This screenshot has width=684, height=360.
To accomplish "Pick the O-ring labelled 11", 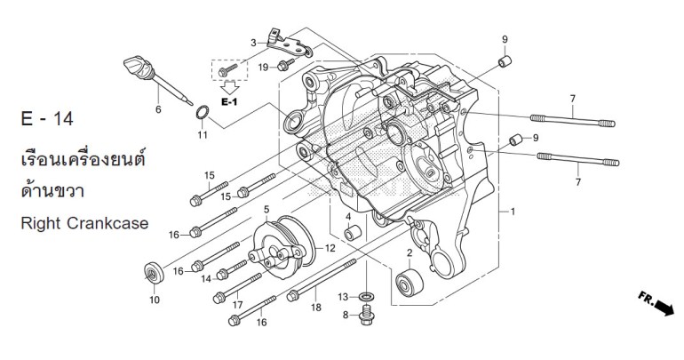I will [203, 114].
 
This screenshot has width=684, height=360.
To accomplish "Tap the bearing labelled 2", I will [411, 287].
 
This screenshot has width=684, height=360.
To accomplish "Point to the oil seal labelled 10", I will [154, 271].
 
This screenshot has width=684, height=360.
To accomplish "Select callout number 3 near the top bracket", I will [253, 42].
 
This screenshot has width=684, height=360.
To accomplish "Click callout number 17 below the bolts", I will [238, 305].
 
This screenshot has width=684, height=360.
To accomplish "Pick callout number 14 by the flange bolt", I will [207, 279].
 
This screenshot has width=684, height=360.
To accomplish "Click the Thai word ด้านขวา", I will [55, 190].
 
